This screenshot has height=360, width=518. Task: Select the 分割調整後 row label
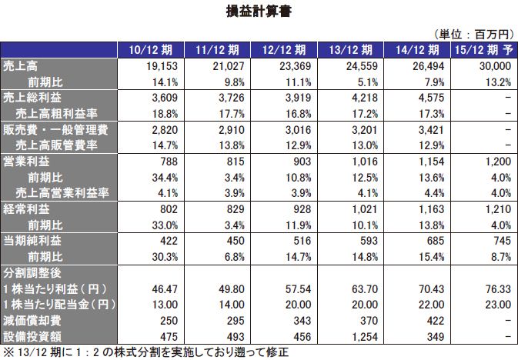point(33,274)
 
